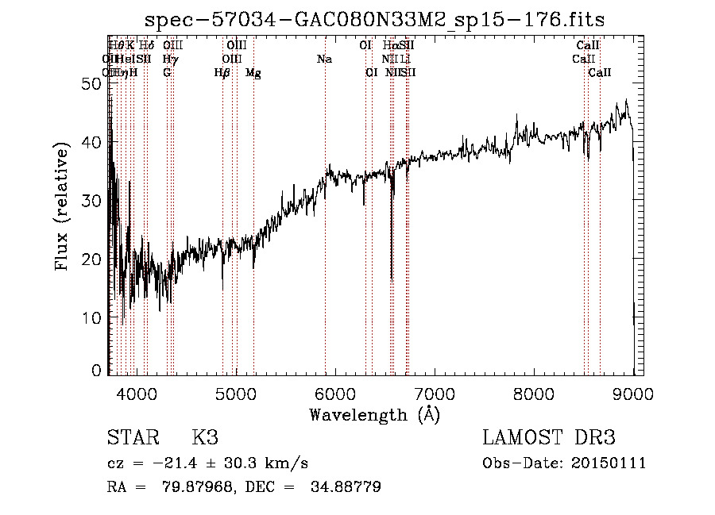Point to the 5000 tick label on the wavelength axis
point(236,392)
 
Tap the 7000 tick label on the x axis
point(435,392)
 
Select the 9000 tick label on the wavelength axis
point(633,392)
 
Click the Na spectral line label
point(324,59)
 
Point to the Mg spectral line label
point(253,73)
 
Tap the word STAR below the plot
point(131,438)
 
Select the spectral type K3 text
point(204,438)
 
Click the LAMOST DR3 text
point(548,438)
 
